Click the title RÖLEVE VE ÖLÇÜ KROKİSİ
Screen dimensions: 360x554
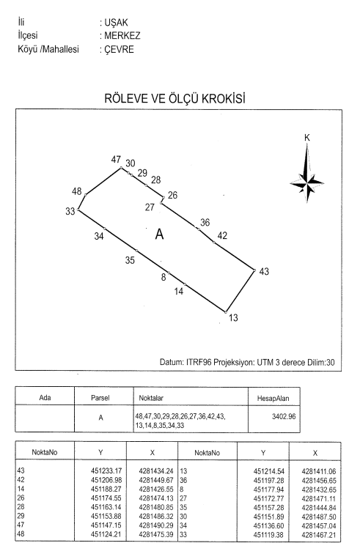(x=175, y=98)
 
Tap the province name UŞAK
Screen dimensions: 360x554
(x=116, y=23)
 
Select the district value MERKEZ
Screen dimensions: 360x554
(x=122, y=36)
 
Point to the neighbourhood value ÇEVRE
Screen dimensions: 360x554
(x=120, y=50)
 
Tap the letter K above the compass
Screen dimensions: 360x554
(x=307, y=138)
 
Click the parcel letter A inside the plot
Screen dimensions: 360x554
(x=160, y=234)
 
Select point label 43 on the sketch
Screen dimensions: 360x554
(x=264, y=271)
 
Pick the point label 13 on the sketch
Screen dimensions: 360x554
(x=233, y=317)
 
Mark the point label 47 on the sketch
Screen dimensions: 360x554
(x=116, y=160)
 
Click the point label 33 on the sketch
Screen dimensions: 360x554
(x=70, y=211)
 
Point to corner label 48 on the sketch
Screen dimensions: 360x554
(x=77, y=191)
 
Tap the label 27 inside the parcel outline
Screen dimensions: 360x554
(x=150, y=207)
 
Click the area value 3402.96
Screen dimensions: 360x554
(x=284, y=416)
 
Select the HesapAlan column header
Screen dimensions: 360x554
(x=273, y=399)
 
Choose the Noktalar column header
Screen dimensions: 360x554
(x=151, y=398)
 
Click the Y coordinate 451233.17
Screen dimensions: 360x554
(x=106, y=471)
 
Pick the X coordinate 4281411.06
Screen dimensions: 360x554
(x=319, y=471)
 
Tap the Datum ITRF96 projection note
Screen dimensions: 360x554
(x=247, y=363)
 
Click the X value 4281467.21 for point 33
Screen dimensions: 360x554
(x=319, y=535)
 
